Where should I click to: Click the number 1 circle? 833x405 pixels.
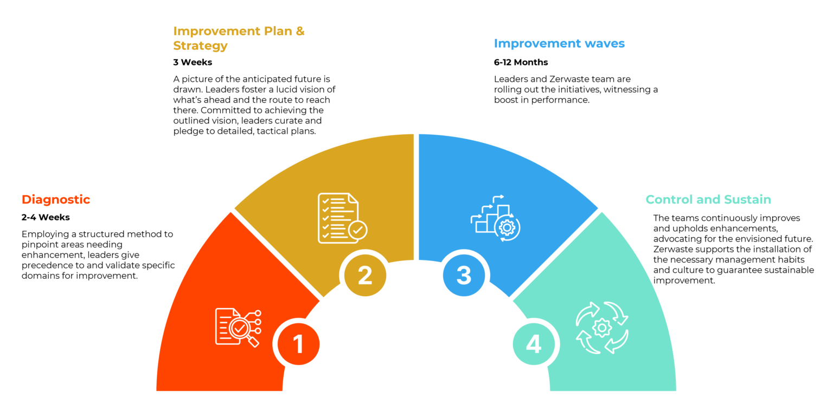(x=298, y=344)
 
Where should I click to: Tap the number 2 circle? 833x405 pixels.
(x=365, y=276)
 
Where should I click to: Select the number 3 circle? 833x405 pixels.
(x=464, y=275)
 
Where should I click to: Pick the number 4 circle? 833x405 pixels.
(x=534, y=344)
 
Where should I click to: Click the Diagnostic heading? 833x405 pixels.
(x=56, y=199)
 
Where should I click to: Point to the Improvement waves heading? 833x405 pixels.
(x=559, y=43)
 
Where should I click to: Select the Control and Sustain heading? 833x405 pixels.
(x=708, y=199)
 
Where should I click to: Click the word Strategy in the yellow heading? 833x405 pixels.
(x=200, y=45)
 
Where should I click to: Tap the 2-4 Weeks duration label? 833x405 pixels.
(x=46, y=218)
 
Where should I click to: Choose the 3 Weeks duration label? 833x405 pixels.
(x=193, y=62)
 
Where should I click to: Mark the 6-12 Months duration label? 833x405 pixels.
(x=521, y=62)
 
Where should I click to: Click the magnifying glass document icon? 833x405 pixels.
(x=238, y=326)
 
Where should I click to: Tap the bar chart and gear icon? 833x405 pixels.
(x=495, y=218)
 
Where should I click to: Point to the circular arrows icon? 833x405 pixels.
(x=601, y=327)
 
